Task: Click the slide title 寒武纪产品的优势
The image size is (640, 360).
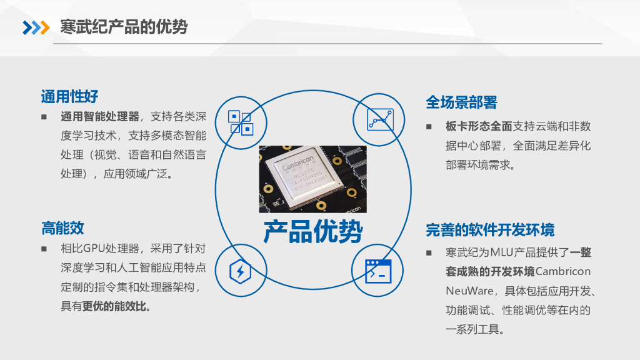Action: pos(124,27)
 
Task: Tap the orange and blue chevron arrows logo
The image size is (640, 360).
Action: pos(36,27)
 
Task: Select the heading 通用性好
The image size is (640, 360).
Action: pos(69,97)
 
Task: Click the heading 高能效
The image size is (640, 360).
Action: pos(62,228)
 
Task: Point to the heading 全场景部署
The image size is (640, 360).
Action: pos(461,102)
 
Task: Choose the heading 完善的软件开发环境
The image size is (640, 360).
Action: pos(490,230)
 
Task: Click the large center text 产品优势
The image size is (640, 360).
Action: pos(312,232)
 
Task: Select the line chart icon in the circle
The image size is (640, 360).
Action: pos(380,119)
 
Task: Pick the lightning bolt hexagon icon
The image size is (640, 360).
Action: pos(241,271)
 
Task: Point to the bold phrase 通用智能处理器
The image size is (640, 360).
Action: pos(100,116)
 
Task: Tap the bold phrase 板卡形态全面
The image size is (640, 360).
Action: pos(479,126)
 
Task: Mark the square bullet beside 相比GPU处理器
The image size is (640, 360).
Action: pos(44,248)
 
